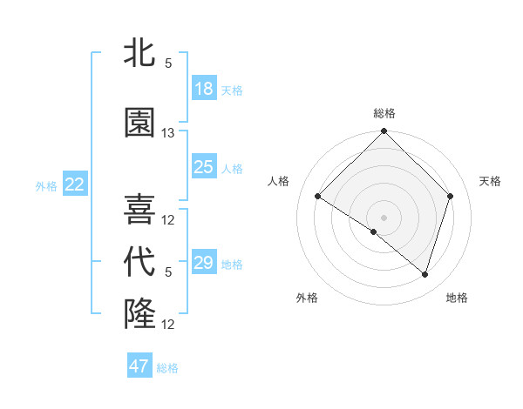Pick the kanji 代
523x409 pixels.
(140, 262)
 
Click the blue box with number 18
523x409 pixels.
(204, 89)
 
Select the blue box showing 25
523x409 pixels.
(204, 167)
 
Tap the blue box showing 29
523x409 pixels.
(204, 263)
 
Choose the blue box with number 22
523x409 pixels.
(75, 184)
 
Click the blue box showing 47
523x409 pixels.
(139, 366)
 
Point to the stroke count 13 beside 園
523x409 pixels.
(168, 133)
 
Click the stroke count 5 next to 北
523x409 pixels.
(168, 64)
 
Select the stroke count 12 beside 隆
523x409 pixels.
(168, 325)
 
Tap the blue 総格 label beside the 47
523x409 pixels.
(167, 368)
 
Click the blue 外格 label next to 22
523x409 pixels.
(46, 185)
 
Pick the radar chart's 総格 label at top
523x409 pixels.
(384, 113)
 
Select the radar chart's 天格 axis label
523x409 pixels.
(491, 181)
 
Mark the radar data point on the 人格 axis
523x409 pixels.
(318, 197)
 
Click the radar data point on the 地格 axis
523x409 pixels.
(425, 274)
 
